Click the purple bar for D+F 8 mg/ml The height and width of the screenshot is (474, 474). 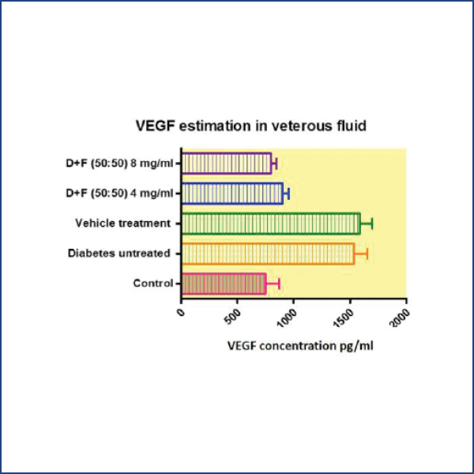[227, 164]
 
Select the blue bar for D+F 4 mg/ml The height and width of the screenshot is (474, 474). [232, 194]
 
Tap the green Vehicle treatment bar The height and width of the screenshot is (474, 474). [271, 224]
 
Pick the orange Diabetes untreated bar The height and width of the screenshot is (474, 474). [268, 254]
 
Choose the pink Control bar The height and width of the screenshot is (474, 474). [224, 284]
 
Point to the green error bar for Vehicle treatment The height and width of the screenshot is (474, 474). [367, 224]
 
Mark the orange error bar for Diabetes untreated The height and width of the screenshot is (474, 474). [361, 254]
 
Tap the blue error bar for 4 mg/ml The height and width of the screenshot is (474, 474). [286, 194]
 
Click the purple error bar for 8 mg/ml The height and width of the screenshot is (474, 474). [274, 164]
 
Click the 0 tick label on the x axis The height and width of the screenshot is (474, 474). [181, 312]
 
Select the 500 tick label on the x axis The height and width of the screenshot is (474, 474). [233, 317]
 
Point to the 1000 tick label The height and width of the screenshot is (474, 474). [287, 318]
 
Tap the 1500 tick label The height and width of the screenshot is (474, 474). [344, 318]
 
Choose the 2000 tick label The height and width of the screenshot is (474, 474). [400, 318]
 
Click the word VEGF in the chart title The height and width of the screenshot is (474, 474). [156, 126]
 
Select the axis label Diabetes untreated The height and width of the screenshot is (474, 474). [119, 254]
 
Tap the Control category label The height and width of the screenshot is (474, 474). [153, 284]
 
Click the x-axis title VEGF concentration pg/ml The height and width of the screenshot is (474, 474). [300, 346]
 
